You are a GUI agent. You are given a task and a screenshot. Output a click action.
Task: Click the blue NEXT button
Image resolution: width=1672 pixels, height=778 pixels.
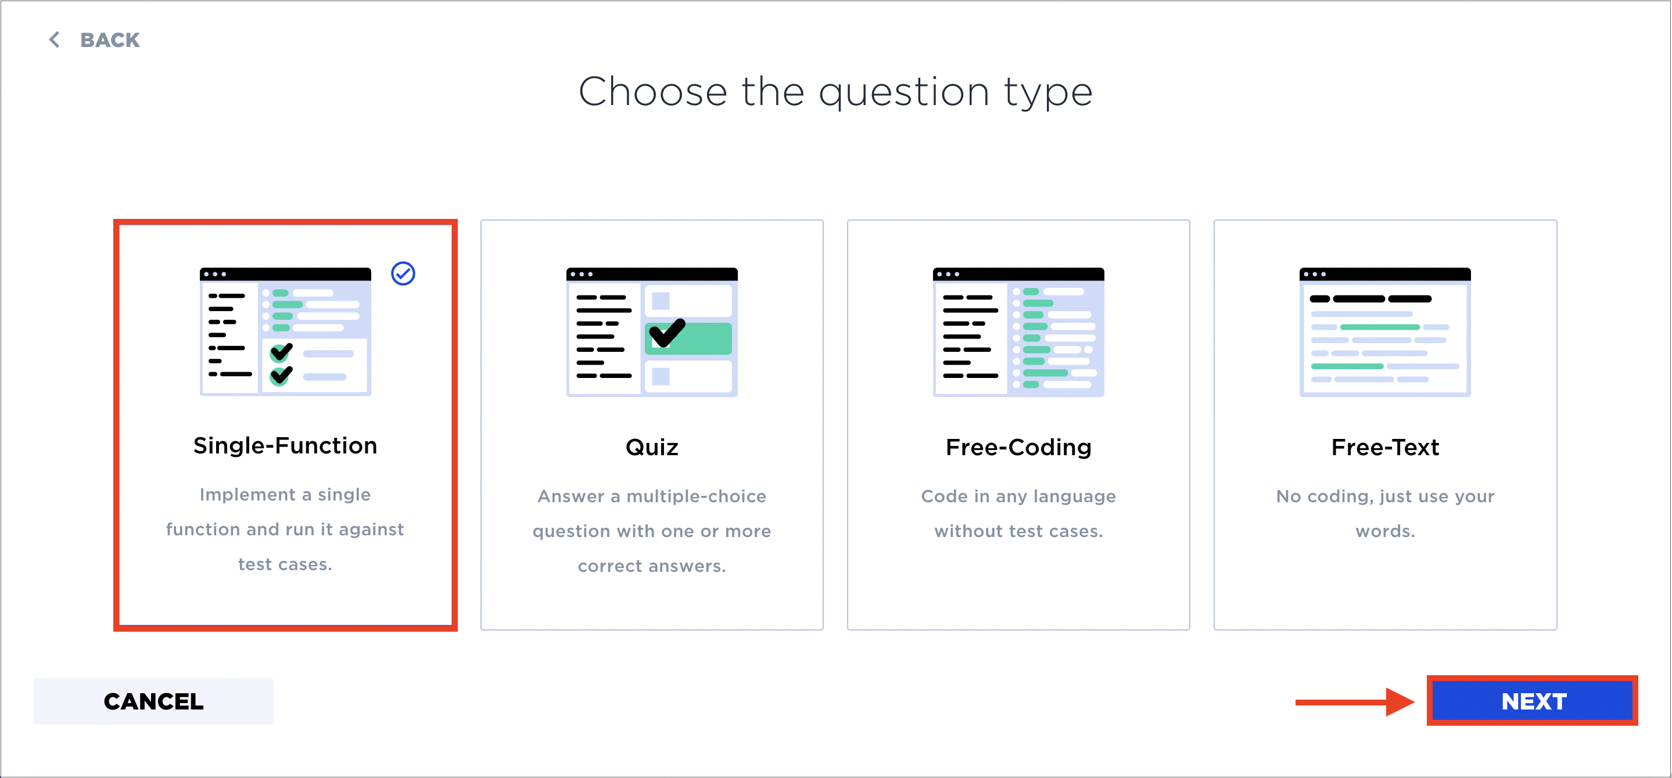click(x=1533, y=701)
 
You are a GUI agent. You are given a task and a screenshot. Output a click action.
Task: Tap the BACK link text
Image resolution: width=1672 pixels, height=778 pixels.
click(x=110, y=40)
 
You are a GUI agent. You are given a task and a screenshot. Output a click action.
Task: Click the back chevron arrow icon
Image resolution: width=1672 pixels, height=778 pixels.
click(x=55, y=39)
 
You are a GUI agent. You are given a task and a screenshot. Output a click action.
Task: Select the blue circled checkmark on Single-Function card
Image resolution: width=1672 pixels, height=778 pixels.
click(x=403, y=273)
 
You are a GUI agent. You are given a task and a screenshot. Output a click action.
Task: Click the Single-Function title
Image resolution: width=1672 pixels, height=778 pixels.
click(x=285, y=446)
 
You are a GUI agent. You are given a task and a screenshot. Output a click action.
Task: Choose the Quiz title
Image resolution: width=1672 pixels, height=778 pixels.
click(x=652, y=448)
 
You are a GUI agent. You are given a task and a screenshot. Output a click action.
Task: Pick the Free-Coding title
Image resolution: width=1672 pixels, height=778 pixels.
click(x=1018, y=448)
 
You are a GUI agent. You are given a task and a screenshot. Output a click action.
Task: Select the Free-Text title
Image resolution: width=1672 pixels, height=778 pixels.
click(x=1385, y=448)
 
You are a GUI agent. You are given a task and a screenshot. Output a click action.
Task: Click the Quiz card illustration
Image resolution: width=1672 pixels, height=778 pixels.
click(x=652, y=332)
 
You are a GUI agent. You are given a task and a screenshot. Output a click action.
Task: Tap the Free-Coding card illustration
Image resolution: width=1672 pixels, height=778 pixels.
click(x=1018, y=332)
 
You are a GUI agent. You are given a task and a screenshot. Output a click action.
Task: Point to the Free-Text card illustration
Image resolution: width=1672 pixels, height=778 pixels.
click(x=1385, y=332)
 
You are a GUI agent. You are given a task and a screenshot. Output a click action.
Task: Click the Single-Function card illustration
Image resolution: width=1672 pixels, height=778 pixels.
click(x=285, y=331)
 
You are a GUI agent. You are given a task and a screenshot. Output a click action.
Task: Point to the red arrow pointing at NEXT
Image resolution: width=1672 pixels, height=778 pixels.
click(x=1355, y=701)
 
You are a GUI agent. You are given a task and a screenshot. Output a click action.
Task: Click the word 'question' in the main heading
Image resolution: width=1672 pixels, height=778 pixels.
click(x=904, y=93)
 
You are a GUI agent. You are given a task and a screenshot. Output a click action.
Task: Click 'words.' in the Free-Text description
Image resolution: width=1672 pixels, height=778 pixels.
click(x=1385, y=531)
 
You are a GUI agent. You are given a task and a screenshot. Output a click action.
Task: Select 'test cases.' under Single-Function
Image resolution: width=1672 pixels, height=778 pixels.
click(x=285, y=564)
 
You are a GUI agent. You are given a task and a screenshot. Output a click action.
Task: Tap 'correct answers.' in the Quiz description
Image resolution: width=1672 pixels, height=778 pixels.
click(x=652, y=566)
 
